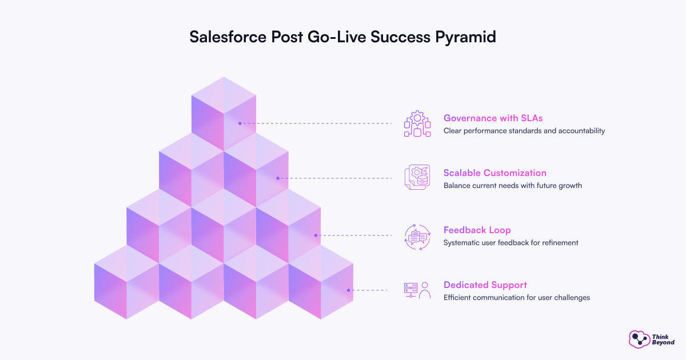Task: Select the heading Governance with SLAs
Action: tap(493, 118)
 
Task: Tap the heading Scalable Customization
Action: tap(494, 173)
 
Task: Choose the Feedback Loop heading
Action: tap(477, 230)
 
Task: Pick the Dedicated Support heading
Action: tap(485, 285)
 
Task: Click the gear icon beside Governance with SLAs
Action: tap(417, 123)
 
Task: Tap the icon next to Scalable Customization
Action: tap(417, 178)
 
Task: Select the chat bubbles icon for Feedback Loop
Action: tap(417, 235)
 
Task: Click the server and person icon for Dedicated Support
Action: tap(417, 290)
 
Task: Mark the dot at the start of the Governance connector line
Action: tap(240, 123)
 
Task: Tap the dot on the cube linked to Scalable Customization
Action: tap(278, 178)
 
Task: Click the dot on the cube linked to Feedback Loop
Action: tap(316, 235)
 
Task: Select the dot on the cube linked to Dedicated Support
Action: tap(348, 290)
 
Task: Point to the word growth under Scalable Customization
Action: tap(570, 186)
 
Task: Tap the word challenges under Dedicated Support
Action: tap(571, 298)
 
